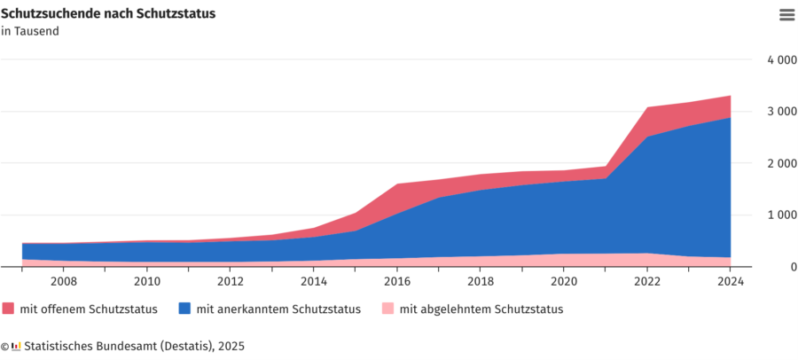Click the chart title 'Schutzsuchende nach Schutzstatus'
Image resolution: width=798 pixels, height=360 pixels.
pos(108,14)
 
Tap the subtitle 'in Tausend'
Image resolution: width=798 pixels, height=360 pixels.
pos(30,31)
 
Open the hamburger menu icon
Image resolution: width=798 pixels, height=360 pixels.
pos(786,15)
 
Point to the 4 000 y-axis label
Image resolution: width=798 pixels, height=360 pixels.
pos(781,59)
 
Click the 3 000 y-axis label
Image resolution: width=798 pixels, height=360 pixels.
pos(781,112)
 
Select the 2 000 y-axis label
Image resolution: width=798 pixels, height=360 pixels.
pos(781,163)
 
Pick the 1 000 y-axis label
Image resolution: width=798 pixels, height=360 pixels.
pos(781,215)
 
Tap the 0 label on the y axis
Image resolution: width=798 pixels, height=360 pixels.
pos(794,267)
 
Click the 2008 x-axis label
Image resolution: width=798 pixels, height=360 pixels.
pos(64,282)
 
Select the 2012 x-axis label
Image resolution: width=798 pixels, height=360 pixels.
pos(230,282)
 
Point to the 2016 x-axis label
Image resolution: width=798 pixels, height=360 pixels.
pos(397,282)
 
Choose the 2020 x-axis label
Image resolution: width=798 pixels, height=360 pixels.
pos(563,282)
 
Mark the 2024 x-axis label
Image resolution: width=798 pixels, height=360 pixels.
pos(731,282)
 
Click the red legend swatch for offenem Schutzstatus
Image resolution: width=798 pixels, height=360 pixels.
pos(8,309)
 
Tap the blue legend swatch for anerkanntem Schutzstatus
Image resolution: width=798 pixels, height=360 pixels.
pos(184,309)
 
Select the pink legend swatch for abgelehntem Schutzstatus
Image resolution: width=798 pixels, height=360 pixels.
pos(387,309)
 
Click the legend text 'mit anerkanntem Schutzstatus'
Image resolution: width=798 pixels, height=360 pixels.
pos(279,309)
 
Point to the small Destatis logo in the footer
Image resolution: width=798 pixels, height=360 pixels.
pos(16,346)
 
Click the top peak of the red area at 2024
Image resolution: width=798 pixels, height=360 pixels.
pos(731,96)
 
